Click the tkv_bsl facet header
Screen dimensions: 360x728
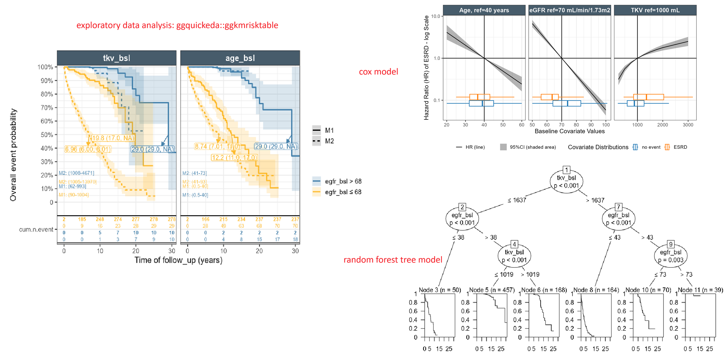tap(116, 58)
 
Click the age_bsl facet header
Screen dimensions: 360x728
tap(240, 58)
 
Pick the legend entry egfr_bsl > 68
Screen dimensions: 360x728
tap(337, 181)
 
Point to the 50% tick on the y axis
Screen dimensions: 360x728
tap(47, 135)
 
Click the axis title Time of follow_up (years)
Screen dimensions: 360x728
tap(178, 260)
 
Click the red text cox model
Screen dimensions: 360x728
tap(378, 72)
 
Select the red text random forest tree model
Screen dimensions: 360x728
tap(393, 260)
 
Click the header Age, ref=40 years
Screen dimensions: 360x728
tap(484, 10)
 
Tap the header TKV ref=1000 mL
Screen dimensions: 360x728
tap(655, 10)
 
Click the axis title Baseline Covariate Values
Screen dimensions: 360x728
tap(570, 131)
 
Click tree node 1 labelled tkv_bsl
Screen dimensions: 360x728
tap(566, 181)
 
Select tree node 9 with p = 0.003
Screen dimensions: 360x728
tap(671, 256)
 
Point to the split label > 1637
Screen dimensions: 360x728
tap(595, 200)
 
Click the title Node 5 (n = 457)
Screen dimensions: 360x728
tap(492, 290)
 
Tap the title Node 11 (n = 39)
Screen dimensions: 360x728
tap(700, 290)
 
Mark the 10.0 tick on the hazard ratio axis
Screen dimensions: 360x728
tap(436, 16)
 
